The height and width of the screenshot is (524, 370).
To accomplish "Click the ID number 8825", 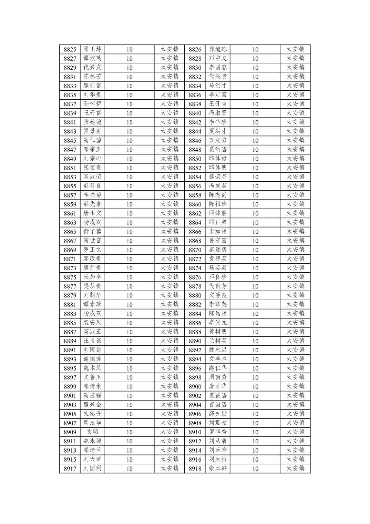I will coord(70,49).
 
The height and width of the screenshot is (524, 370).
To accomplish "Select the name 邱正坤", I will coord(92,49).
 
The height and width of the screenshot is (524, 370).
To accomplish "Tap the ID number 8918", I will coord(195,468).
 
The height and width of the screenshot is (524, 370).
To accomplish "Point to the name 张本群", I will coord(218,468).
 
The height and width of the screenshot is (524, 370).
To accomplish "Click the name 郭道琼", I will coord(218,49).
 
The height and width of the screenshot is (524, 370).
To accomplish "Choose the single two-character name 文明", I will coord(92,432).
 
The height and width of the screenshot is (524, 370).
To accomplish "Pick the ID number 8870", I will coord(195,250).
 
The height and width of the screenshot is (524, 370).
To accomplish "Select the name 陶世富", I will coord(92,241).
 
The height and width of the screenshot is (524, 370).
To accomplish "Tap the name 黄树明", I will coord(218,332).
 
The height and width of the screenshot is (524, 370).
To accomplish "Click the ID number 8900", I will coord(195,386).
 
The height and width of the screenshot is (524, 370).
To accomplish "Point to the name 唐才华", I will coord(218,386).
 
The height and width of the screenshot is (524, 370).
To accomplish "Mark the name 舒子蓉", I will coord(92,231).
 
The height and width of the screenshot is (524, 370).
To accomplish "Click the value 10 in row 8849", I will coord(129,159).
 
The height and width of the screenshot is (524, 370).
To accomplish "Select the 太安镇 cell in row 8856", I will coord(295,186).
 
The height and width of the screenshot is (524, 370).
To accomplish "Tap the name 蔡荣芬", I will coord(218,177).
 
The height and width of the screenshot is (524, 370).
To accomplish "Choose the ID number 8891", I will coord(70,350).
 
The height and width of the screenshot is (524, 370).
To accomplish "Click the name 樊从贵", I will coord(92,286).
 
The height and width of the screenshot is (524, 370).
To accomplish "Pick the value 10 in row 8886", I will coord(255,323).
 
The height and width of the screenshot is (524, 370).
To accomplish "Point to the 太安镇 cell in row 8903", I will coord(169,404).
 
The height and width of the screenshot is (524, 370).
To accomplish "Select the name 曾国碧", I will coord(218,404).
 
